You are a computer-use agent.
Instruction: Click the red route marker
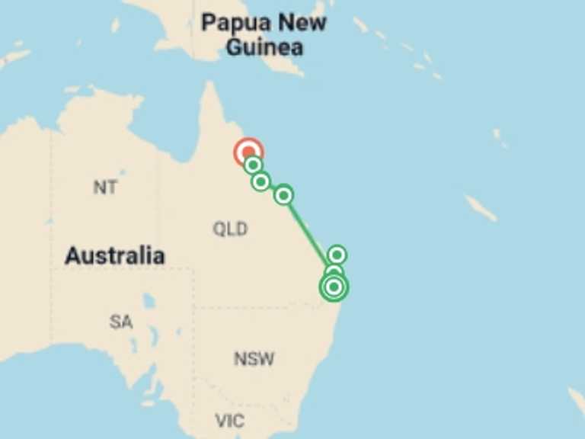249,152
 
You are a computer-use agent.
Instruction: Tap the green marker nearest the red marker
254,165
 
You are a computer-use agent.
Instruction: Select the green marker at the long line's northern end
283,195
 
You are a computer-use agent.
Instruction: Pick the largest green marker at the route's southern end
334,287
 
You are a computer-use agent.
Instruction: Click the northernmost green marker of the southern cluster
337,255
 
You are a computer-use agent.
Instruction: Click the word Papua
232,22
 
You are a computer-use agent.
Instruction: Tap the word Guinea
264,47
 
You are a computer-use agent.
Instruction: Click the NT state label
105,187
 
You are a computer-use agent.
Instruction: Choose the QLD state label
230,228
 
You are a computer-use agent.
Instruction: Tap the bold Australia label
114,255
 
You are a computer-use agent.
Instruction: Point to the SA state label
120,322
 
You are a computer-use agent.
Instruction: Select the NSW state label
254,359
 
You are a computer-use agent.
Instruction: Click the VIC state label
230,419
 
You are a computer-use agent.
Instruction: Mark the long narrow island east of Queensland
481,207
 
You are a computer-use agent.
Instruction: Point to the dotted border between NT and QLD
159,213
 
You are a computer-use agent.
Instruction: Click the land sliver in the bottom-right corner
577,399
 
